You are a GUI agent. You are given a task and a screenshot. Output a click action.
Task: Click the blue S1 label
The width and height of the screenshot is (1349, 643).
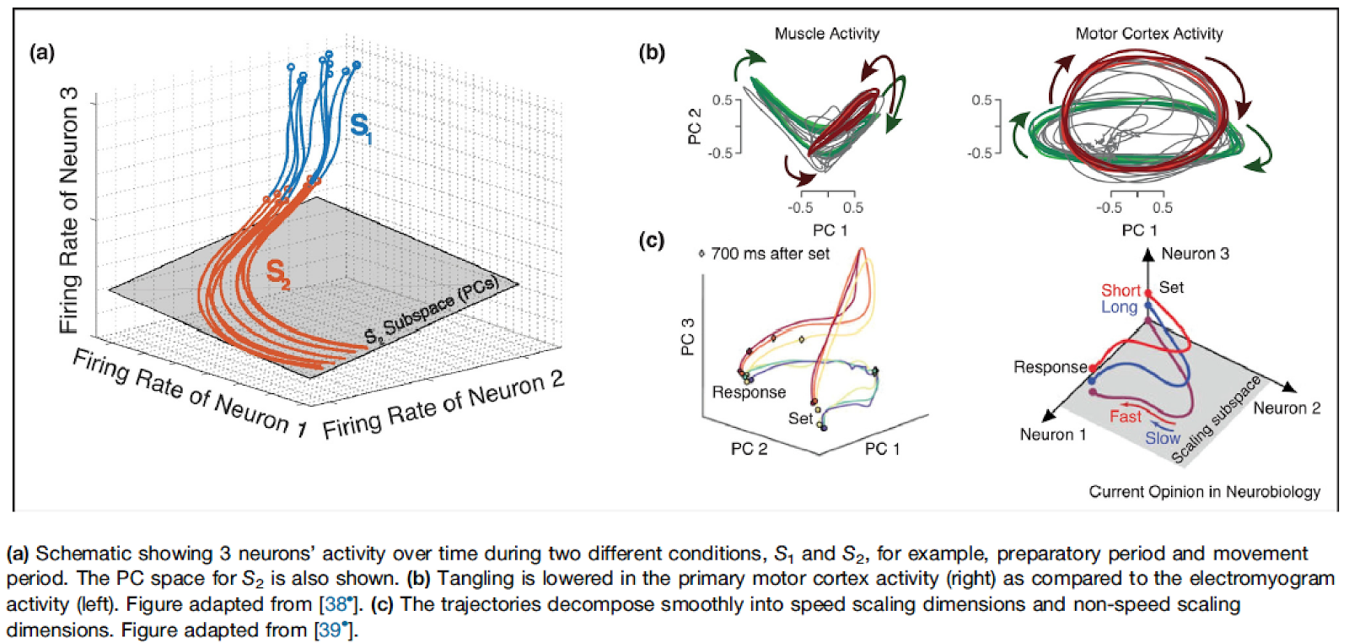tap(361, 127)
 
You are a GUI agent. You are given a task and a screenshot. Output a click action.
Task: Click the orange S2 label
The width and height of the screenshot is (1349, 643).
tap(277, 273)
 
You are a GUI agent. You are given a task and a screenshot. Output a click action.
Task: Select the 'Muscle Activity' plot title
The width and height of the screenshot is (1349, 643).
tap(826, 34)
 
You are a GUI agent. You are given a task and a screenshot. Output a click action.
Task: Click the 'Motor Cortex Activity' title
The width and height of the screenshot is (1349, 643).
tap(1148, 34)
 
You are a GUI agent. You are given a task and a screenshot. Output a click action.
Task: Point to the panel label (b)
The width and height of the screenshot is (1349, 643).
tap(651, 52)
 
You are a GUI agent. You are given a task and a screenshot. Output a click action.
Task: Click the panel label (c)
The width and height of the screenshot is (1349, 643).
tap(651, 240)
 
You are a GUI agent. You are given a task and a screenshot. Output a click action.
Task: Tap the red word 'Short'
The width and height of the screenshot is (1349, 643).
tap(1121, 290)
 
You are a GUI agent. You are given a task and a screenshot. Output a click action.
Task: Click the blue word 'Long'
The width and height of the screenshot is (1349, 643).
tap(1119, 307)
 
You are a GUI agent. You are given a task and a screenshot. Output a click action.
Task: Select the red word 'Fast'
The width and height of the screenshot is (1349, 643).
tap(1125, 416)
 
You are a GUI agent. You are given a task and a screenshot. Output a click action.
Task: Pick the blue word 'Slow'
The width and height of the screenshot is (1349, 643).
tap(1162, 438)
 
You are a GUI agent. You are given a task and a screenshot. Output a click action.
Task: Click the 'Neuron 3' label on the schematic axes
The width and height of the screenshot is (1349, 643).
tap(1195, 253)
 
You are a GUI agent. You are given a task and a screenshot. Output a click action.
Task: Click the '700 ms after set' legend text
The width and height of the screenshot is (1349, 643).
tap(769, 254)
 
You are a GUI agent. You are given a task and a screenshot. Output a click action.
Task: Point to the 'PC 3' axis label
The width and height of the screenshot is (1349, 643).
tap(688, 336)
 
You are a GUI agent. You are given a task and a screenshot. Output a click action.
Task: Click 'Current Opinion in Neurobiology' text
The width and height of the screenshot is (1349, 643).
tap(1204, 492)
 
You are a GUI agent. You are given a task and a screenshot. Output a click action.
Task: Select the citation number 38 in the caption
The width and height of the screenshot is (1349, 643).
tap(336, 604)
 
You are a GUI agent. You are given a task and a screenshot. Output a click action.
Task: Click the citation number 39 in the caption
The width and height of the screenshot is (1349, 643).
tap(330, 630)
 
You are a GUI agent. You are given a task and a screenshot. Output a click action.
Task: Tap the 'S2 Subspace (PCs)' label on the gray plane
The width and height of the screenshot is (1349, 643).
tap(432, 310)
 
